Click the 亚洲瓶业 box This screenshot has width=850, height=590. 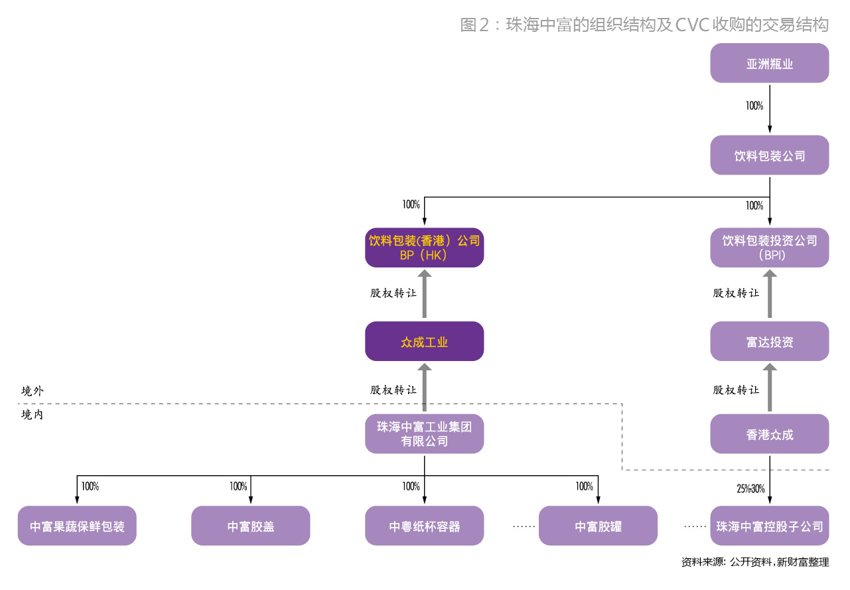pos(769,64)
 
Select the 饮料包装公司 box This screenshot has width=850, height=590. pos(769,156)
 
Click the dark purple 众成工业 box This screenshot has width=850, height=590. pos(424,342)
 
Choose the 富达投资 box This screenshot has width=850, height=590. pos(769,342)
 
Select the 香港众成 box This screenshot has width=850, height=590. pos(769,434)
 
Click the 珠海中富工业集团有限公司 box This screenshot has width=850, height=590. pos(424,434)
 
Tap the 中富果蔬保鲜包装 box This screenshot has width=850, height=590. pos(77,526)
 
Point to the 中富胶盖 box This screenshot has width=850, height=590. pos(251,526)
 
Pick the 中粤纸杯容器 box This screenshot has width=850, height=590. pos(424,526)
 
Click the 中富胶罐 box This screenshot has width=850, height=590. pos(598,526)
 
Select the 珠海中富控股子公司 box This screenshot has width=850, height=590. pos(769,526)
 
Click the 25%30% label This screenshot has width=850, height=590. pos(750,489)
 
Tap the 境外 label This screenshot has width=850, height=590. pos(33,391)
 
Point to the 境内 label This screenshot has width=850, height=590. pos(33,415)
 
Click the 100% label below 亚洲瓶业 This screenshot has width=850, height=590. pos(754,106)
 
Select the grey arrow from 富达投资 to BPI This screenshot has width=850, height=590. pos(770,294)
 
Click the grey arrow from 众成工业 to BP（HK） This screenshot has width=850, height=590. pos(425,294)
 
